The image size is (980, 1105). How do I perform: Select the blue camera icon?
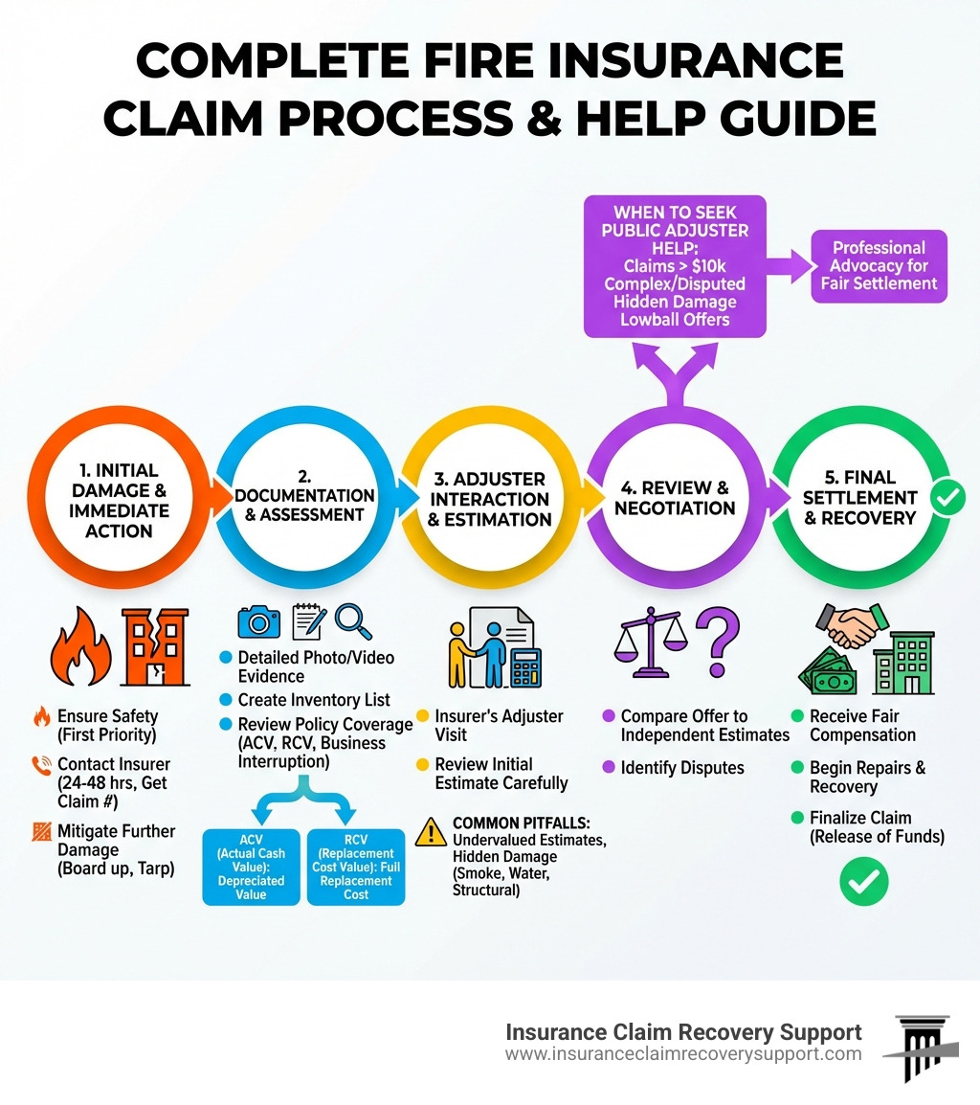point(258,622)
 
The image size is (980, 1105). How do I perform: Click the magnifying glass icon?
point(353,621)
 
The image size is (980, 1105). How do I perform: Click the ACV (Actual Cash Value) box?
point(252,866)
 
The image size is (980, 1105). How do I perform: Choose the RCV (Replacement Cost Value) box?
point(356,866)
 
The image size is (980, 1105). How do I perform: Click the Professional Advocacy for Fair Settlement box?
point(879,266)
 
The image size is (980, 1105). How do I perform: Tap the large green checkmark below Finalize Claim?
point(863,880)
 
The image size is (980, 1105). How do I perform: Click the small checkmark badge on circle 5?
point(947,498)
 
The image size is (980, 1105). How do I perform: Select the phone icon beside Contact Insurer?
point(41,765)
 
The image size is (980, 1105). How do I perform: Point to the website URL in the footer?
point(683,1054)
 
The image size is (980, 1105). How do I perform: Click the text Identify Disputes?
point(682,768)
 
